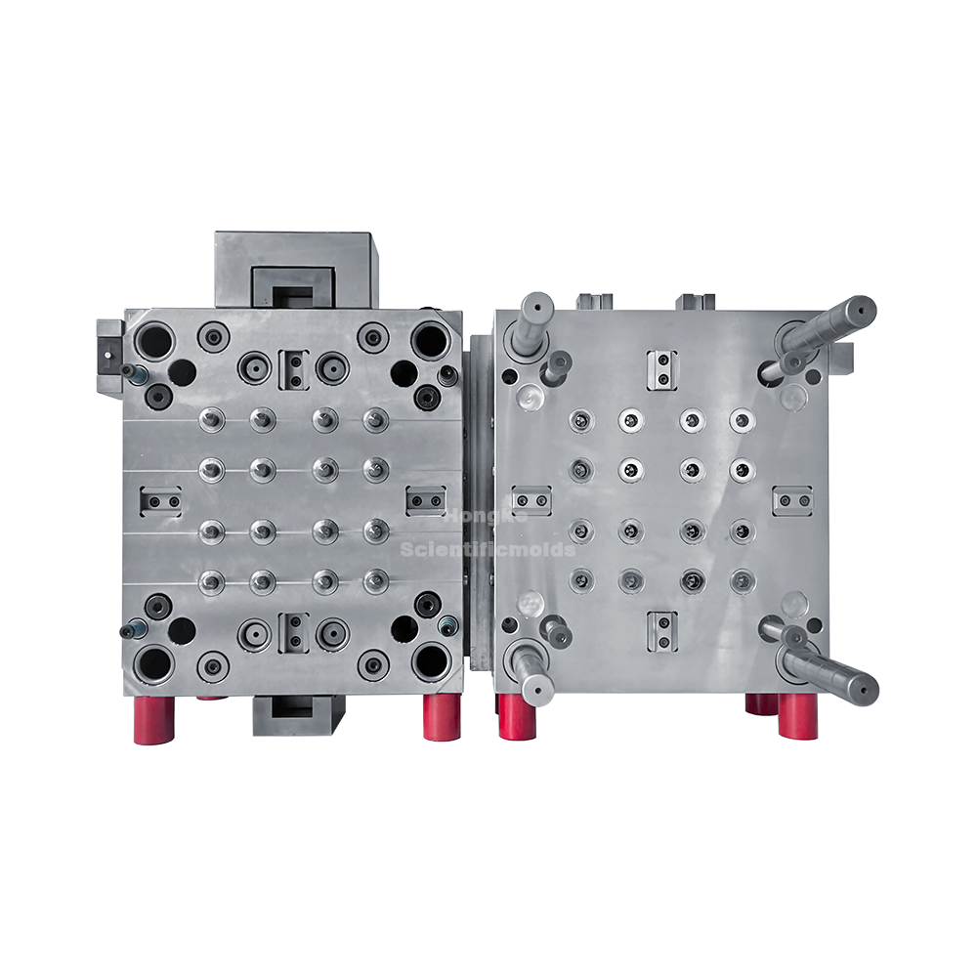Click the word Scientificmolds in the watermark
(488, 550)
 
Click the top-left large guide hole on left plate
(153, 340)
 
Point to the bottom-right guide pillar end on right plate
(864, 689)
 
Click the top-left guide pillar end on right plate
(536, 305)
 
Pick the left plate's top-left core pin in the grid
(209, 419)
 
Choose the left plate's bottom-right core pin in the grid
(375, 580)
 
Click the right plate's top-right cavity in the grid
(742, 419)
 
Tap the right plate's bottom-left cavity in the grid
(580, 580)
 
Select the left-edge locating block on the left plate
(160, 501)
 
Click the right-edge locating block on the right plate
(793, 501)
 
